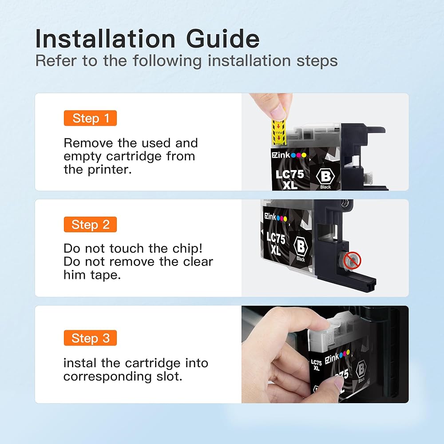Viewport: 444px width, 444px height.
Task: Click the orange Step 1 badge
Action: (90, 118)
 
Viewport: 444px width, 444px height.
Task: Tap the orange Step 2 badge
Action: (90, 225)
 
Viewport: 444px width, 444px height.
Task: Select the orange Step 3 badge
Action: (90, 338)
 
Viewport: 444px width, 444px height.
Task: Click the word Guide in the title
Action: (223, 39)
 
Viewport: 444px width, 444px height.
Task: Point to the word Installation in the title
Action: (105, 39)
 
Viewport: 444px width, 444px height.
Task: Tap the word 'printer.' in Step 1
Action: (110, 170)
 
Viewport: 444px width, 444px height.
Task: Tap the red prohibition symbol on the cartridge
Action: (352, 260)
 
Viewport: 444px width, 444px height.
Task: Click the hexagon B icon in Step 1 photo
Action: (325, 176)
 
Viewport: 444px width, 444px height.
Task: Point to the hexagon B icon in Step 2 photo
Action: (301, 246)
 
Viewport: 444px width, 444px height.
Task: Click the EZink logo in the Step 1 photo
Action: (289, 155)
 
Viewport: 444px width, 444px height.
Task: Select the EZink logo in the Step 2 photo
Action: (276, 217)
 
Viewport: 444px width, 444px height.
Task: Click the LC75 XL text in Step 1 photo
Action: (289, 179)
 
